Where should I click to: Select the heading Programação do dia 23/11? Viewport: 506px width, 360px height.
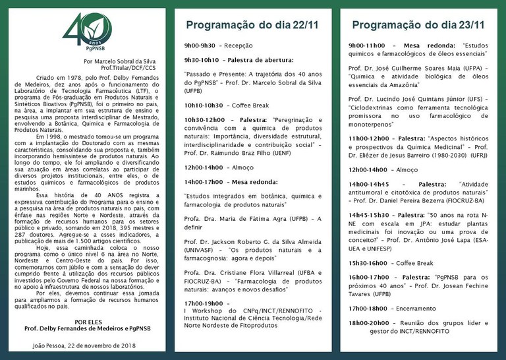(418, 26)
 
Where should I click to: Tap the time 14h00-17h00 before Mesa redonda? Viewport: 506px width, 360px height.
(204, 181)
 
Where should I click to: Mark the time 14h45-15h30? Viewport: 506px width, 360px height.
(369, 215)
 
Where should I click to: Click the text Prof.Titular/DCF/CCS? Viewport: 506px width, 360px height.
(128, 67)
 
